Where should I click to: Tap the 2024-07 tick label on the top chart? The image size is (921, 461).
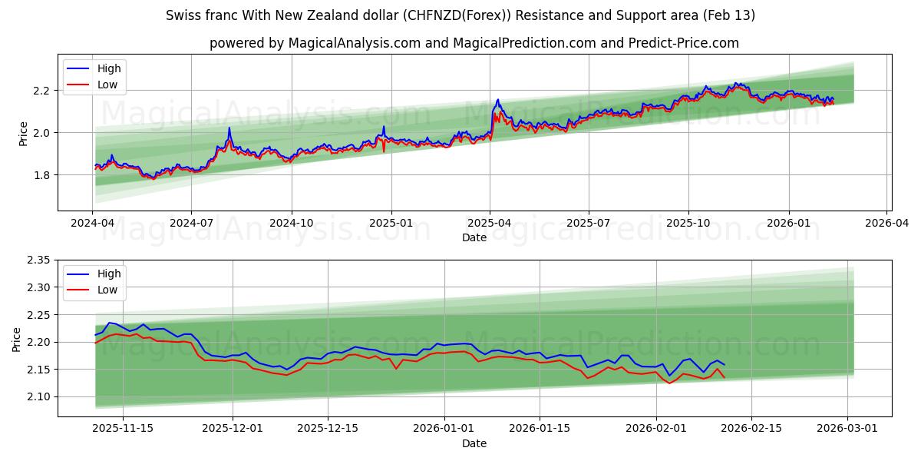coord(191,223)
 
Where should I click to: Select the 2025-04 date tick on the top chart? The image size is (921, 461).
coord(490,223)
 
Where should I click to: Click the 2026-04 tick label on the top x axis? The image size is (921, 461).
coord(886,223)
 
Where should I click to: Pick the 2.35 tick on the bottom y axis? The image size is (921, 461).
coord(38,260)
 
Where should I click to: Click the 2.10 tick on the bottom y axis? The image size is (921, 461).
coord(38,397)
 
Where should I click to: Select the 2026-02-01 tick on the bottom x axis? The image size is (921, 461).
coord(656,429)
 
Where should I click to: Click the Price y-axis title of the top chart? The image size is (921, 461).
coord(23,133)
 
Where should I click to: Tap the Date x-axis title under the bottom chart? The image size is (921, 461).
coord(474,443)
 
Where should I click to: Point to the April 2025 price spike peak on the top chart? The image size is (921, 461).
coord(498,99)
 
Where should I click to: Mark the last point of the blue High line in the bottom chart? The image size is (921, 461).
coord(724,364)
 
